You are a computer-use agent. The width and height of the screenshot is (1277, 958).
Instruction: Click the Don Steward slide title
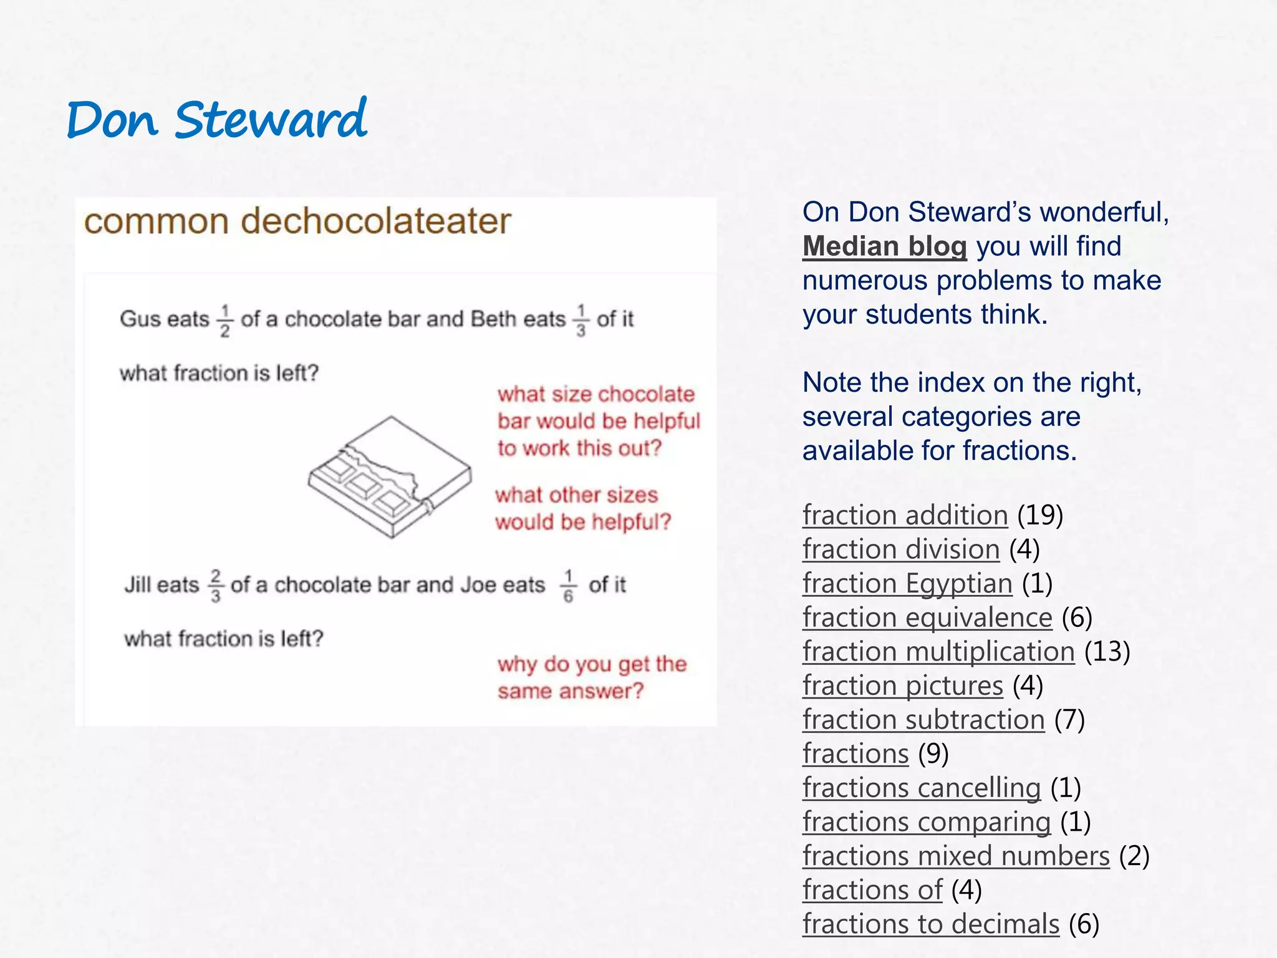pyautogui.click(x=216, y=120)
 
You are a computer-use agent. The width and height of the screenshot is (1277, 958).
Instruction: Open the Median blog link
pyautogui.click(x=884, y=246)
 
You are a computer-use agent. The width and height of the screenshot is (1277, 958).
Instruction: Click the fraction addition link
pyautogui.click(x=905, y=515)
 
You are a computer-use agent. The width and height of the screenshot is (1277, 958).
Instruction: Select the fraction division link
pyautogui.click(x=900, y=549)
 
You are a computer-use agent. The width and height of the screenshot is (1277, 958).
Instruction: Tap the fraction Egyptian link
pyautogui.click(x=907, y=584)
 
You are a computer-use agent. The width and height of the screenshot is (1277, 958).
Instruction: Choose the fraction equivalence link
pyautogui.click(x=927, y=617)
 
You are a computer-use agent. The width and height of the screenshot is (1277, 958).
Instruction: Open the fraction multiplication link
pyautogui.click(x=938, y=652)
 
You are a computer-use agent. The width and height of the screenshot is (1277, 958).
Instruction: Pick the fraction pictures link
pyautogui.click(x=902, y=685)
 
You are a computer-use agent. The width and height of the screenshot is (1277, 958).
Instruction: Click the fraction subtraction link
pyautogui.click(x=923, y=720)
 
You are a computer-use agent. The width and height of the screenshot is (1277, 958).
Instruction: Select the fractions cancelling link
pyautogui.click(x=921, y=788)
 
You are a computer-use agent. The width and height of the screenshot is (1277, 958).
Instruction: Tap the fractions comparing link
pyautogui.click(x=926, y=822)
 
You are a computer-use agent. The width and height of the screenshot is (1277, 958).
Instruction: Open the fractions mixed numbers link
pyautogui.click(x=955, y=856)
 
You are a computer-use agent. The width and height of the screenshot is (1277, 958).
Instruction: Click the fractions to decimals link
pyautogui.click(x=930, y=924)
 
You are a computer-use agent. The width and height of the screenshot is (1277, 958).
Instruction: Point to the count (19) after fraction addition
pyautogui.click(x=1040, y=515)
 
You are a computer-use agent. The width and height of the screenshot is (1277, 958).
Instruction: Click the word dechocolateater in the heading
pyautogui.click(x=376, y=221)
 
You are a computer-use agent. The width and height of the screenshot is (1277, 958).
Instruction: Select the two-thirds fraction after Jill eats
pyautogui.click(x=215, y=586)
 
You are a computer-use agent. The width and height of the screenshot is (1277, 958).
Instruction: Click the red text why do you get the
pyautogui.click(x=592, y=664)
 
